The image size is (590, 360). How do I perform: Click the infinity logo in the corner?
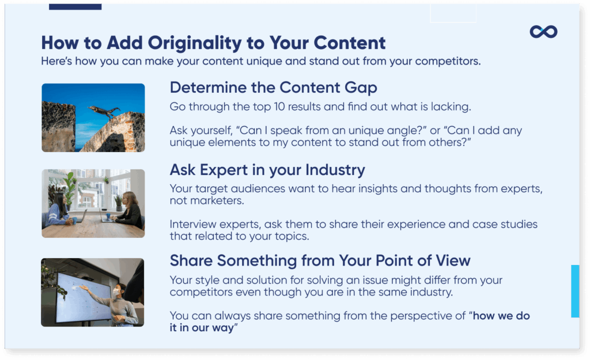click(x=543, y=32)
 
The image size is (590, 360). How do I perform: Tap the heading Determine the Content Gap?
click(x=273, y=88)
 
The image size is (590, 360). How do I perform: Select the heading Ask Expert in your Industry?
click(x=267, y=170)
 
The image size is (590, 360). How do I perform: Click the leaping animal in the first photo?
click(x=104, y=111)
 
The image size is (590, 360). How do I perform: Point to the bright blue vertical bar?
click(x=574, y=291)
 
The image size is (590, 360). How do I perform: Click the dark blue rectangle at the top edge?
click(x=75, y=6)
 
